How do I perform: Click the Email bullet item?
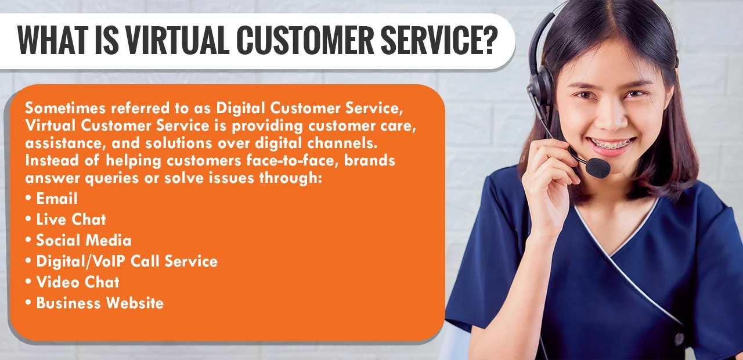56,199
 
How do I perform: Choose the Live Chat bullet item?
71,219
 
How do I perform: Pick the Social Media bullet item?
84,240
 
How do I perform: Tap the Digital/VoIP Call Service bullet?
127,261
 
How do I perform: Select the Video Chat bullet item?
77,282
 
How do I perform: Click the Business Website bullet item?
99,303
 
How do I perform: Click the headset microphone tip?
598,168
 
